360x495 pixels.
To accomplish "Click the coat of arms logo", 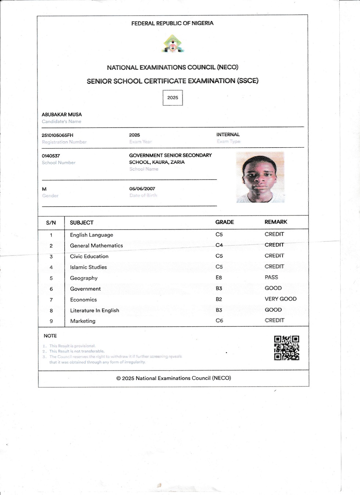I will click(x=173, y=44).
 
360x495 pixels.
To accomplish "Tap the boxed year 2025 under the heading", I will click(x=173, y=98).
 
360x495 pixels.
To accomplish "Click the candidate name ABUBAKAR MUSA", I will click(x=62, y=115).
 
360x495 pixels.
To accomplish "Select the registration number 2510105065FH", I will click(x=58, y=135).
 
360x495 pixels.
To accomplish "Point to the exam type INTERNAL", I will click(x=228, y=134).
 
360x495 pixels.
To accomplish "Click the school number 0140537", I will click(x=51, y=156).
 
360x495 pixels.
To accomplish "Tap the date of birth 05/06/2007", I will click(x=142, y=189).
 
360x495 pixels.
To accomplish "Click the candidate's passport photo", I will click(x=260, y=177).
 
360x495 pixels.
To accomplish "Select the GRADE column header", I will click(x=224, y=222).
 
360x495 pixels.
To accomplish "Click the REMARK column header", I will click(x=276, y=222).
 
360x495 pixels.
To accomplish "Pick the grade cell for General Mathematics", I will click(x=219, y=245).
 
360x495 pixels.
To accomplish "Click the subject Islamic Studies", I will click(x=89, y=267).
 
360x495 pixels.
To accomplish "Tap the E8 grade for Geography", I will click(x=219, y=278).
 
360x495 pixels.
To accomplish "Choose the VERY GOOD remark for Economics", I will click(x=281, y=299).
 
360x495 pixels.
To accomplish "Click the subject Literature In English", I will click(x=95, y=310).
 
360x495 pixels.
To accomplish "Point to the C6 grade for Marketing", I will click(x=219, y=321).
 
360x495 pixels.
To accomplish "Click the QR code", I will click(x=287, y=348).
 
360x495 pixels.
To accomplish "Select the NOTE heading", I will click(x=50, y=336).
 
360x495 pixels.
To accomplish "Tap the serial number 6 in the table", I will click(x=51, y=289).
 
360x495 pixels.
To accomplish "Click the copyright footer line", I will click(x=174, y=378).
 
